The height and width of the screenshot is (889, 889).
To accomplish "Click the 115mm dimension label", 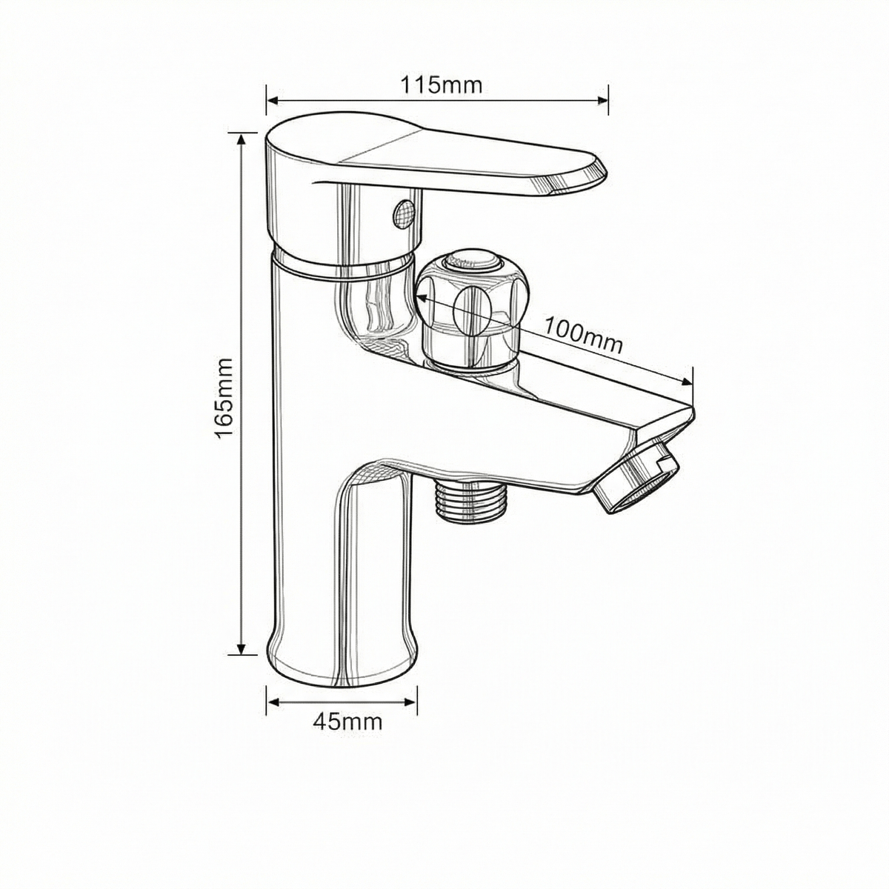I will [442, 85].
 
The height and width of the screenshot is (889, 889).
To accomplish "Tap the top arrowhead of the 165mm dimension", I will [240, 139].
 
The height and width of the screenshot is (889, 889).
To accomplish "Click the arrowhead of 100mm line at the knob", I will [419, 296].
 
